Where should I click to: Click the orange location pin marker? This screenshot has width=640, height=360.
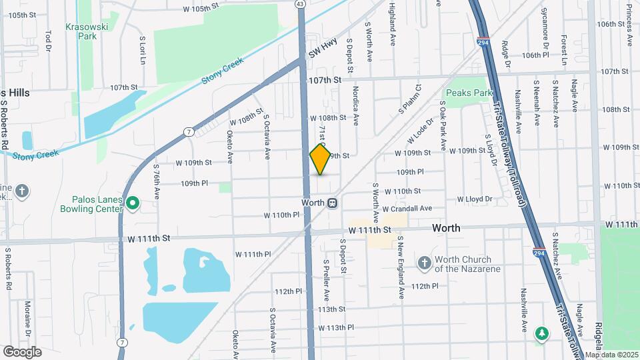click(321, 159)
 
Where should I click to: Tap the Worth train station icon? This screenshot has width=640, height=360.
click(332, 202)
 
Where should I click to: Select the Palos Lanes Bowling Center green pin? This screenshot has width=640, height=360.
click(132, 202)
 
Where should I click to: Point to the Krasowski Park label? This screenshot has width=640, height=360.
click(83, 31)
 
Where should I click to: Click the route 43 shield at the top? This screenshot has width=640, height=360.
click(301, 4)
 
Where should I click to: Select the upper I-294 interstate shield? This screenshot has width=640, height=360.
click(482, 43)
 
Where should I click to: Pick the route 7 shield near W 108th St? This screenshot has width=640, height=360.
click(190, 131)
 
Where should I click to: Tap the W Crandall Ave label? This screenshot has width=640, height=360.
click(407, 209)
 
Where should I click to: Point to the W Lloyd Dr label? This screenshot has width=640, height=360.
click(474, 199)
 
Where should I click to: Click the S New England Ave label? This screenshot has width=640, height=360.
click(401, 267)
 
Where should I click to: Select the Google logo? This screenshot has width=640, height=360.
click(22, 351)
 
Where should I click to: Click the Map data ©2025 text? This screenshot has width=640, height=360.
click(611, 355)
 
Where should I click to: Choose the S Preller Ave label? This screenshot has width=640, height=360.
click(327, 280)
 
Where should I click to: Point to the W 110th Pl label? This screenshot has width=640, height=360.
click(282, 215)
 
